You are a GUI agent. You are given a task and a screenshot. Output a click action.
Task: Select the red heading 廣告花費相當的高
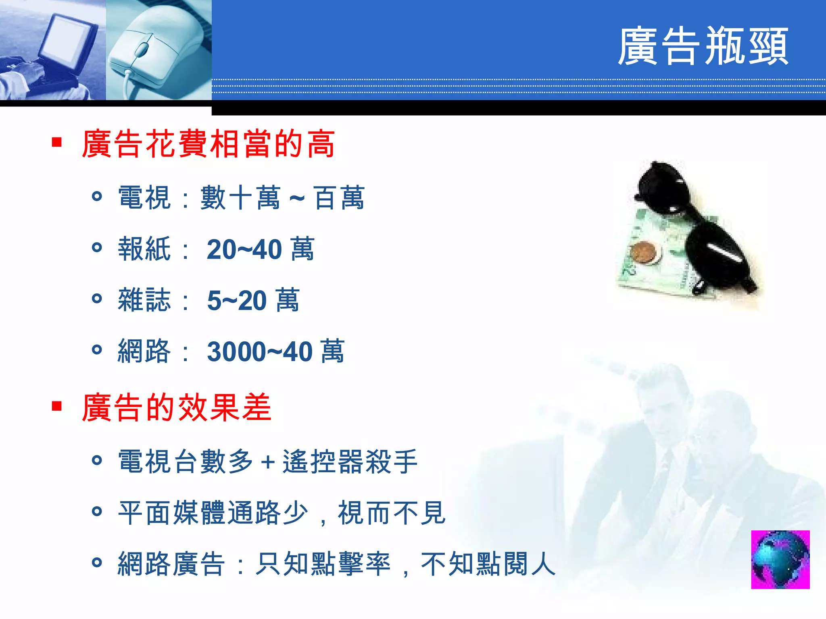click(208, 144)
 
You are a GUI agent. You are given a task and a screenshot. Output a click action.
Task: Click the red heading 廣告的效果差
click(176, 407)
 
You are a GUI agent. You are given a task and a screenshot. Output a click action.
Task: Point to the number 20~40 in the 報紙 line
click(244, 249)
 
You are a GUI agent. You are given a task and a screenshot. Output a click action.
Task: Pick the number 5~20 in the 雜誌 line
click(237, 301)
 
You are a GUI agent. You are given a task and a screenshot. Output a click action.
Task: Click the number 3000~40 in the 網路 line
click(260, 352)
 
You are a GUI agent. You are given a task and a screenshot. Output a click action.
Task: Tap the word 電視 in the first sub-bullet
click(144, 198)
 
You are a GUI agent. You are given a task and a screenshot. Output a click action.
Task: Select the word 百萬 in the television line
click(339, 198)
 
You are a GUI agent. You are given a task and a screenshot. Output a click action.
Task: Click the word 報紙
click(144, 249)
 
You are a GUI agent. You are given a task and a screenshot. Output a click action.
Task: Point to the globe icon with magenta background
click(780, 559)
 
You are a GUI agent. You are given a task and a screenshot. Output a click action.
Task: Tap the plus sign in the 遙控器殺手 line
click(268, 462)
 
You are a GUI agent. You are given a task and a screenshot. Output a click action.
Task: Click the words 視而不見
click(392, 513)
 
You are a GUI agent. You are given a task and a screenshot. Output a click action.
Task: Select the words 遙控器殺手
click(350, 462)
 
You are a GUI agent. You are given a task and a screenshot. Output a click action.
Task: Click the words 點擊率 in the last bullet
click(350, 564)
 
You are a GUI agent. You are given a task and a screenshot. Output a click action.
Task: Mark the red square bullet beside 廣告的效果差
click(57, 406)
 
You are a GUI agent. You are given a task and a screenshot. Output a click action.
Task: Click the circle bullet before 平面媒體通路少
click(97, 511)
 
